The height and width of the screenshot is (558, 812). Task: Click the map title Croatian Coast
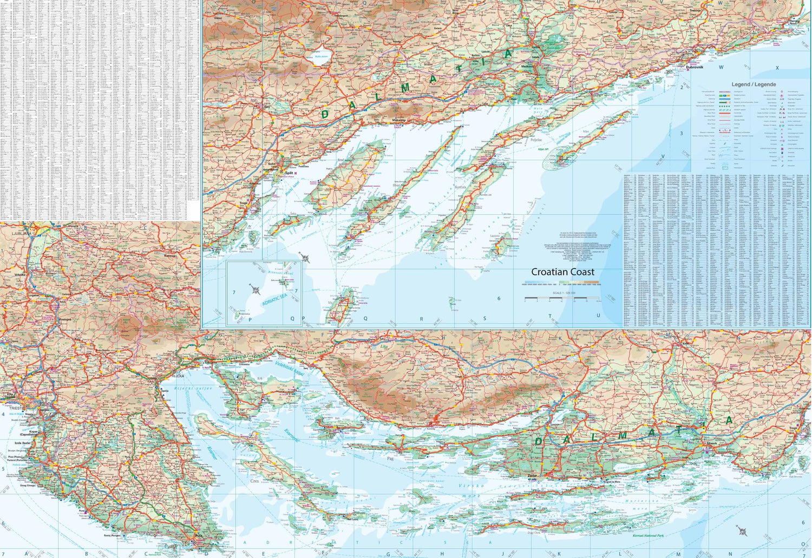click(562, 272)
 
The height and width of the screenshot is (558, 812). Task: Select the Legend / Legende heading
click(754, 84)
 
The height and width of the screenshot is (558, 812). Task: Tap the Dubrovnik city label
click(694, 67)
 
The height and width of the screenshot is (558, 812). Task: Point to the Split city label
click(290, 173)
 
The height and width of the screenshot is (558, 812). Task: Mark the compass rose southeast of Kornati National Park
click(741, 530)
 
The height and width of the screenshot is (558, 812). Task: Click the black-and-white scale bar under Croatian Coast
click(558, 298)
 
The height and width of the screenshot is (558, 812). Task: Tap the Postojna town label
click(65, 319)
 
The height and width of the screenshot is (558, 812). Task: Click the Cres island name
click(254, 481)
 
